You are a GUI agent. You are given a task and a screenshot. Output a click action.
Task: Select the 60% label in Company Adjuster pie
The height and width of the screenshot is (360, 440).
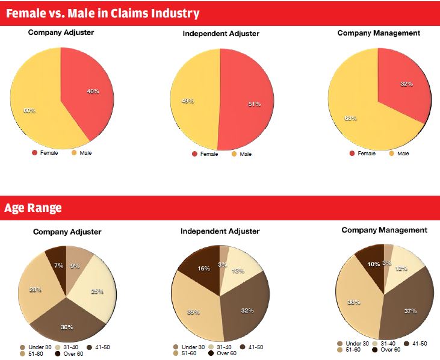tap(29, 111)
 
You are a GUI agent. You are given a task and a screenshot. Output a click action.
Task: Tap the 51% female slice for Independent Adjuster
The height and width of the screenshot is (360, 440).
tap(247, 102)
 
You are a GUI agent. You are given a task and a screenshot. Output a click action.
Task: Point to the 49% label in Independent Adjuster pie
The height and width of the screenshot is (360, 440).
tap(187, 101)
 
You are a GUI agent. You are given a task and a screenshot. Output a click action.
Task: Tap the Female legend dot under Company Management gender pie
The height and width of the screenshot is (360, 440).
tap(352, 154)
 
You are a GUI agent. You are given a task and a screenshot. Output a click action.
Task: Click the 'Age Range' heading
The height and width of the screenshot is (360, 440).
tap(33, 208)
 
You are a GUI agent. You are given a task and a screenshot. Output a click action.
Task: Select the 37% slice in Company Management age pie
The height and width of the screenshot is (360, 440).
tap(411, 310)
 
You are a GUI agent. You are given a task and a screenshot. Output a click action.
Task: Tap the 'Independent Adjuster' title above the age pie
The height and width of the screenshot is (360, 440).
tap(220, 231)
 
